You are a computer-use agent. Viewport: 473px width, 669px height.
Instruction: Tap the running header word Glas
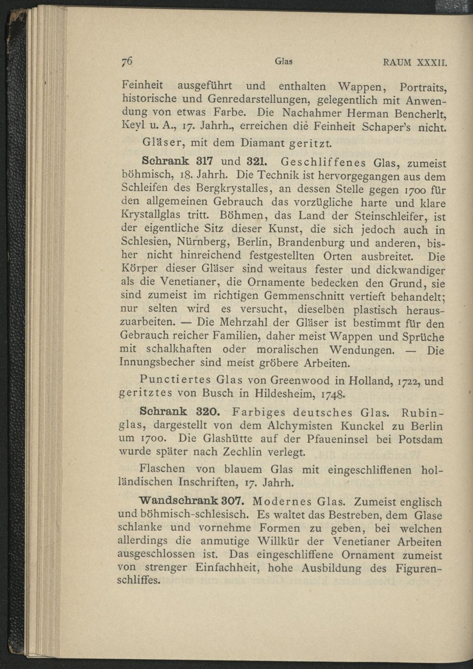284,62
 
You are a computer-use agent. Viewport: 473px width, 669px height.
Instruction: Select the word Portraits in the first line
423,88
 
